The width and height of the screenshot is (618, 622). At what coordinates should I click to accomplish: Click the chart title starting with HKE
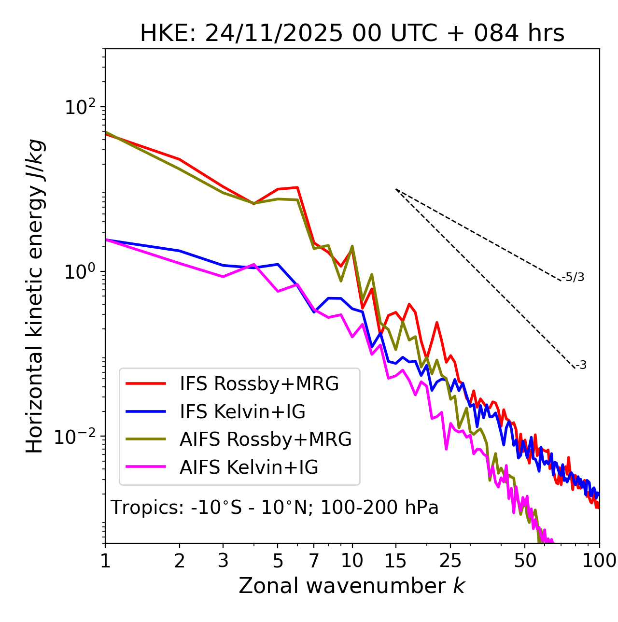tap(352, 34)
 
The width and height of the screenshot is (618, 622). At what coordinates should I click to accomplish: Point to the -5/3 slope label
tap(573, 277)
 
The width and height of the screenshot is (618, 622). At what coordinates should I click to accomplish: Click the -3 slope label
tap(581, 366)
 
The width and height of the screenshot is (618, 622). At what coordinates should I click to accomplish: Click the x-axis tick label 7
tap(314, 561)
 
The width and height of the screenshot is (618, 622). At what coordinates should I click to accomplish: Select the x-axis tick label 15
tap(395, 561)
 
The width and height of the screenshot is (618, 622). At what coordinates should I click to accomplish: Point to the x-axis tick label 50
tap(525, 561)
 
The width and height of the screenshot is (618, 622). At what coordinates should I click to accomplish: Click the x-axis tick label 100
tap(599, 561)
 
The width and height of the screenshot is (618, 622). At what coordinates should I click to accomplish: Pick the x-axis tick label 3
tap(223, 561)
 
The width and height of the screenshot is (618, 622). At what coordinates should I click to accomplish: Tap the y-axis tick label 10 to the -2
tap(77, 437)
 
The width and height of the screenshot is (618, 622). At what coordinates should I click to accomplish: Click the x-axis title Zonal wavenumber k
tap(352, 586)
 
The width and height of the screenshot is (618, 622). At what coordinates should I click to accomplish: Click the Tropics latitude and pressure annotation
tap(275, 508)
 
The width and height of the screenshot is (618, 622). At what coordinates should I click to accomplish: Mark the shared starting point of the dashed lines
tap(396, 189)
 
